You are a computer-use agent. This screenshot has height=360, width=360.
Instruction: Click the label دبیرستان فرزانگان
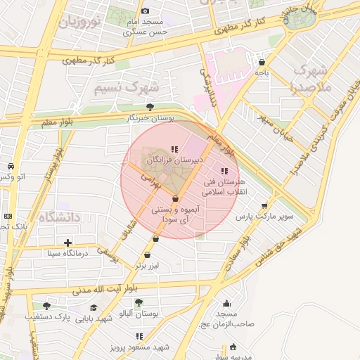click(174, 161)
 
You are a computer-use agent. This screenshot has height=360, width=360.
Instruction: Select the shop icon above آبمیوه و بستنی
click(174, 200)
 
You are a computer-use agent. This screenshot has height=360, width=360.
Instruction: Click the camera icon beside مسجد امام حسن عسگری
click(146, 11)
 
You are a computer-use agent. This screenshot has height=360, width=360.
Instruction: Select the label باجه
click(262, 72)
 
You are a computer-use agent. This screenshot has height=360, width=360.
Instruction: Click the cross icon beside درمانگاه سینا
click(67, 243)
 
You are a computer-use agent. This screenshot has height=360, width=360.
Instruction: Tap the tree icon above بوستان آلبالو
click(139, 302)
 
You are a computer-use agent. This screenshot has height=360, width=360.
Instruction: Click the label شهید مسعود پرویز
click(141, 347)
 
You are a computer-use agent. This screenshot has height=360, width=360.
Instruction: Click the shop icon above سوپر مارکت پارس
click(264, 206)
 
